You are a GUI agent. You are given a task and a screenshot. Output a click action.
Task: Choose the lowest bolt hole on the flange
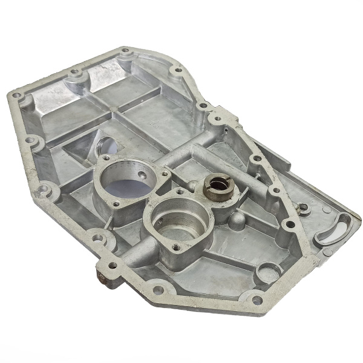coord(257,300)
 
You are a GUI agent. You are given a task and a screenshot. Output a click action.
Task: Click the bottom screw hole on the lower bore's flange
coord(177,247)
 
